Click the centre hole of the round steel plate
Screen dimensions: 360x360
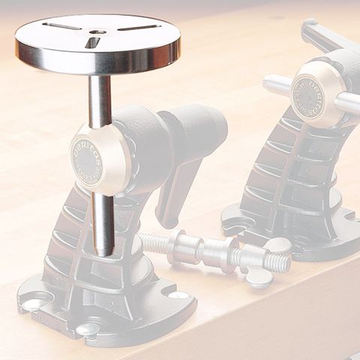pos(98,32)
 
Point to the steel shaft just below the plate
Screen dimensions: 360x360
pos(100,97)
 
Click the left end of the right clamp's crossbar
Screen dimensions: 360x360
pos(272,83)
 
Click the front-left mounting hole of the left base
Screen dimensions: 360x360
pos(34,304)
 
